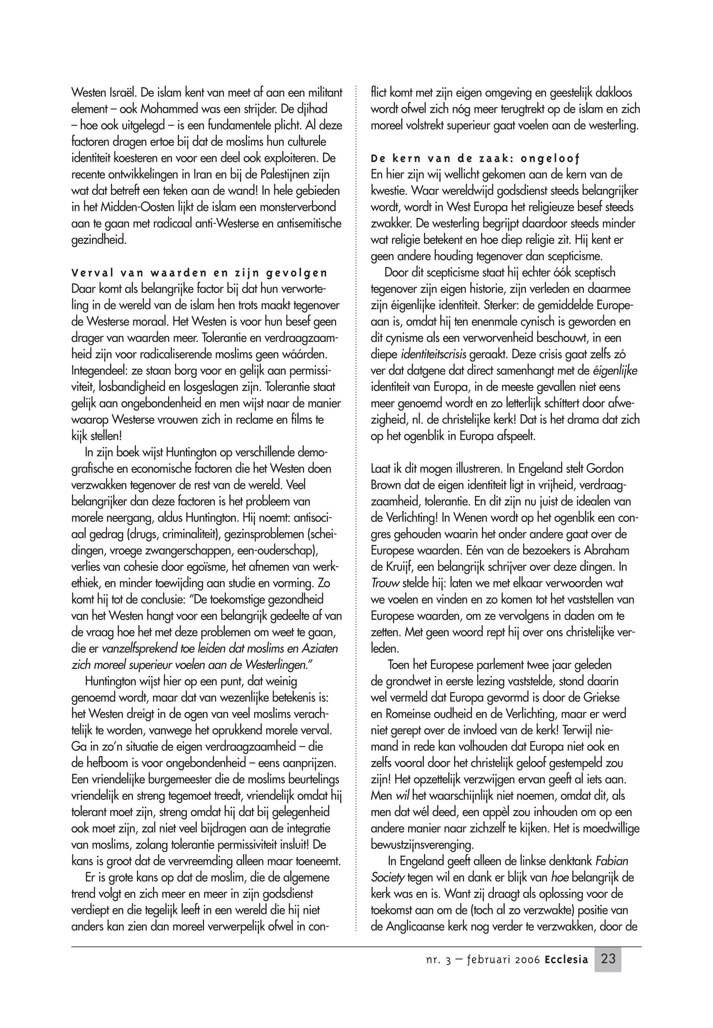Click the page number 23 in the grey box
[608, 959]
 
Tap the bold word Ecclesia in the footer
[567, 960]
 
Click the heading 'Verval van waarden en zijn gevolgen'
[199, 272]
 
